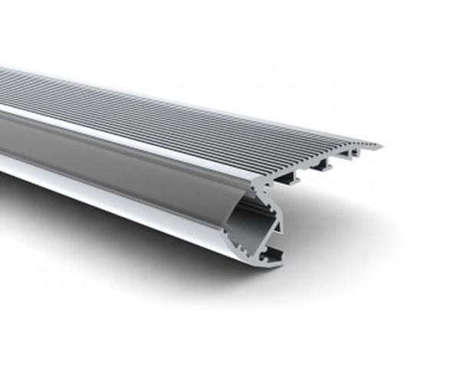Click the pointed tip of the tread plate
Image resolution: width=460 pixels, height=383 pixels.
coord(380,144)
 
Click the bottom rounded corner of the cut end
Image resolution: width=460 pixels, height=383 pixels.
coord(264,265)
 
